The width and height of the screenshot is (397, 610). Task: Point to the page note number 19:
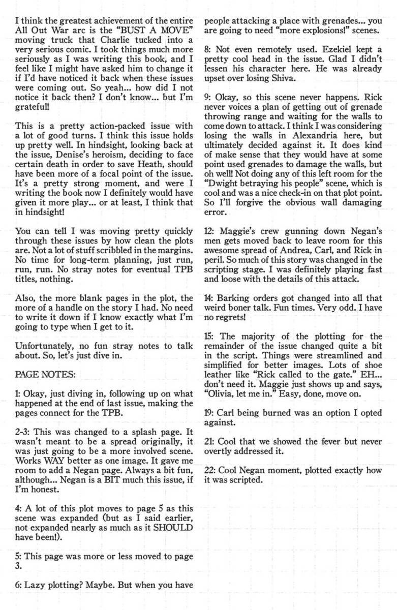pyautogui.click(x=210, y=413)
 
